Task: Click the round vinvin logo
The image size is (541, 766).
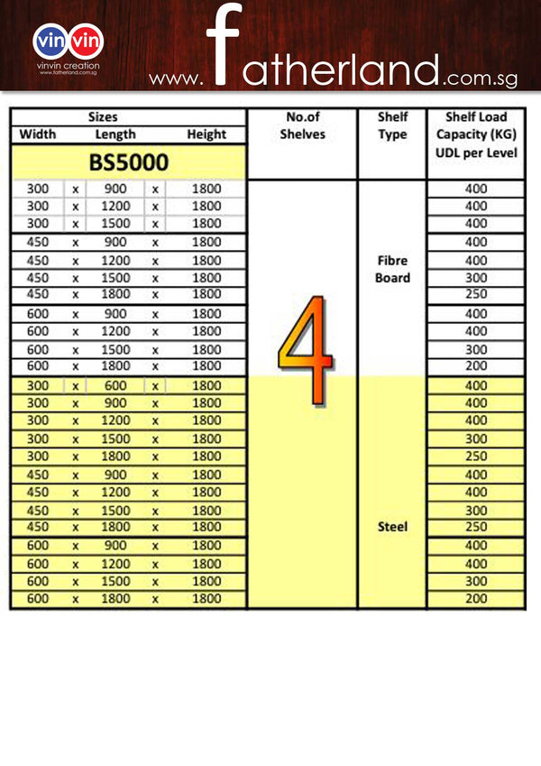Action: point(69,42)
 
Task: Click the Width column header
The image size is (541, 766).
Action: point(37,134)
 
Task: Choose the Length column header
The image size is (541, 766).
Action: point(115,134)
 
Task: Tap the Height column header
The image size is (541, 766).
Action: point(206,134)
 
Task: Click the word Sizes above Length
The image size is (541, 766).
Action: point(103,117)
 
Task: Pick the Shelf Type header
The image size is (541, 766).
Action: point(392,125)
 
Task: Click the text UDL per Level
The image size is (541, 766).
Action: point(476,152)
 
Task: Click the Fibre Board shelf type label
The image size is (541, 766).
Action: point(392,269)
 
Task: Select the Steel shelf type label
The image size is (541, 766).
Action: point(392,527)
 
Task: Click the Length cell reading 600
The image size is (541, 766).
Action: point(116,386)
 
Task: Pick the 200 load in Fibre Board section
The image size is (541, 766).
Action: point(475,366)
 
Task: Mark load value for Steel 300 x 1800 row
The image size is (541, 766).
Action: point(475,457)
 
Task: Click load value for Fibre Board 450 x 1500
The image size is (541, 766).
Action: point(475,278)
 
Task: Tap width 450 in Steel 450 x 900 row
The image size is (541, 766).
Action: point(37,475)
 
